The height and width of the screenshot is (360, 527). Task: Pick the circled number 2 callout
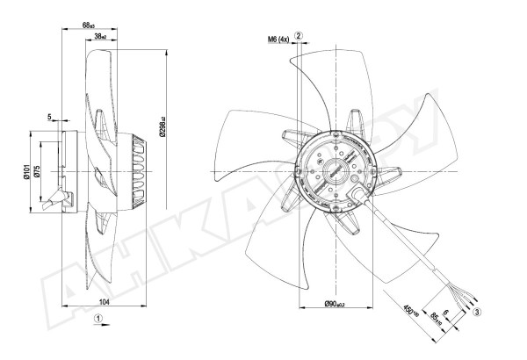[x=300, y=35]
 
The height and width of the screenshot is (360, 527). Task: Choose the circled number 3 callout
[x=476, y=311]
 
